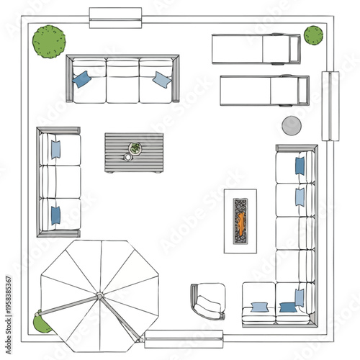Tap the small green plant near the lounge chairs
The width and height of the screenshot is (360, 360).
point(313,35)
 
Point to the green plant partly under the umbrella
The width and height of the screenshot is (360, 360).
point(42,323)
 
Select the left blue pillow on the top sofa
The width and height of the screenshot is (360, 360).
point(81,79)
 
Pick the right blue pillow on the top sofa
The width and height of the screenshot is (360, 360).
point(162,79)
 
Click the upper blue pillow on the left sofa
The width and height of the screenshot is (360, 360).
point(55,149)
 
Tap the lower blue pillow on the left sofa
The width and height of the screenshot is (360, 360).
point(55,215)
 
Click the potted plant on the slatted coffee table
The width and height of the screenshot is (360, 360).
point(135,148)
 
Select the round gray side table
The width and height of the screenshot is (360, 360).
point(292,125)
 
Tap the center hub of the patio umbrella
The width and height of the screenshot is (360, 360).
point(99,296)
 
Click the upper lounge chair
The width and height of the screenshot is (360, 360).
point(256,49)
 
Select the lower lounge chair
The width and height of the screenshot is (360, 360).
point(264,90)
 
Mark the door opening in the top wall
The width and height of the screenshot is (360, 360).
point(115,17)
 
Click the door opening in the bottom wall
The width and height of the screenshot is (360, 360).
point(184,338)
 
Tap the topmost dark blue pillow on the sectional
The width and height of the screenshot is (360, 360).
point(300,166)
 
